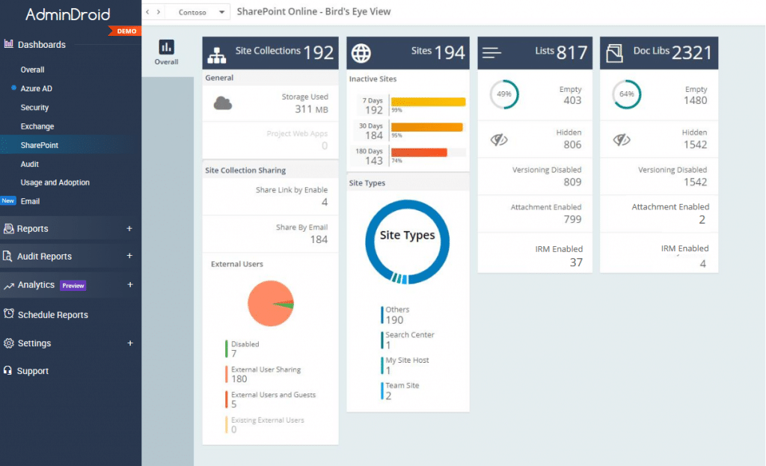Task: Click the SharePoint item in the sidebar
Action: pos(40,145)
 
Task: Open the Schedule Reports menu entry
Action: pos(52,315)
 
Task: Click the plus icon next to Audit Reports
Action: pos(129,256)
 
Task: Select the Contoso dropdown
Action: pos(197,12)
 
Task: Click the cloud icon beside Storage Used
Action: pos(222,103)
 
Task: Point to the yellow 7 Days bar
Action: pos(428,102)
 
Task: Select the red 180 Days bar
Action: pos(419,153)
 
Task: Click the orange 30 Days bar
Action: pos(426,127)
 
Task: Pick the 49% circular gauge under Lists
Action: pos(503,95)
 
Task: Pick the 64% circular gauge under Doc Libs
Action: pos(626,95)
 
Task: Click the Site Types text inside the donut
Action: pos(408,236)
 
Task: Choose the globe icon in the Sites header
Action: pos(361,53)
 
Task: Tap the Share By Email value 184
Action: pos(319,239)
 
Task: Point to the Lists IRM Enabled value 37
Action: pos(576,263)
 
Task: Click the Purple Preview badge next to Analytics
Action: pos(73,286)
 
